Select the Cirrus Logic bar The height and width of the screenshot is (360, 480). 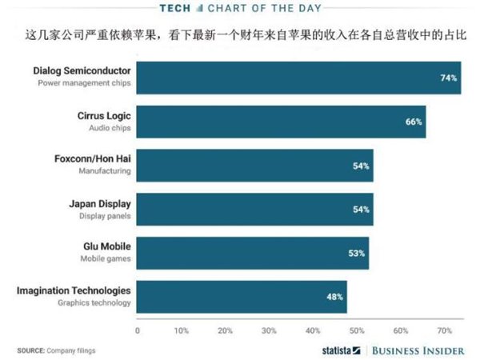click(280, 122)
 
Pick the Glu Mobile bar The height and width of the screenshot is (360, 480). click(252, 253)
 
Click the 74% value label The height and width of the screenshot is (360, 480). click(448, 78)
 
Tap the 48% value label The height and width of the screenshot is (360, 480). click(334, 296)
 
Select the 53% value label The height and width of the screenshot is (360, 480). click(357, 253)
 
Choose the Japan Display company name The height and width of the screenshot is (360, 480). click(99, 203)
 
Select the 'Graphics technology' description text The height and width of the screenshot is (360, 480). click(94, 302)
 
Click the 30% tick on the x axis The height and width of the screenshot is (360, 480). click(269, 329)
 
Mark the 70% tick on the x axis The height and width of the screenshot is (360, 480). click(444, 329)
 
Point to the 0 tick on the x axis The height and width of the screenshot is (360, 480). click(138, 329)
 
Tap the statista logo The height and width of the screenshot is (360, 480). click(339, 350)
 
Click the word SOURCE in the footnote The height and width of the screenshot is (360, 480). click(30, 350)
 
